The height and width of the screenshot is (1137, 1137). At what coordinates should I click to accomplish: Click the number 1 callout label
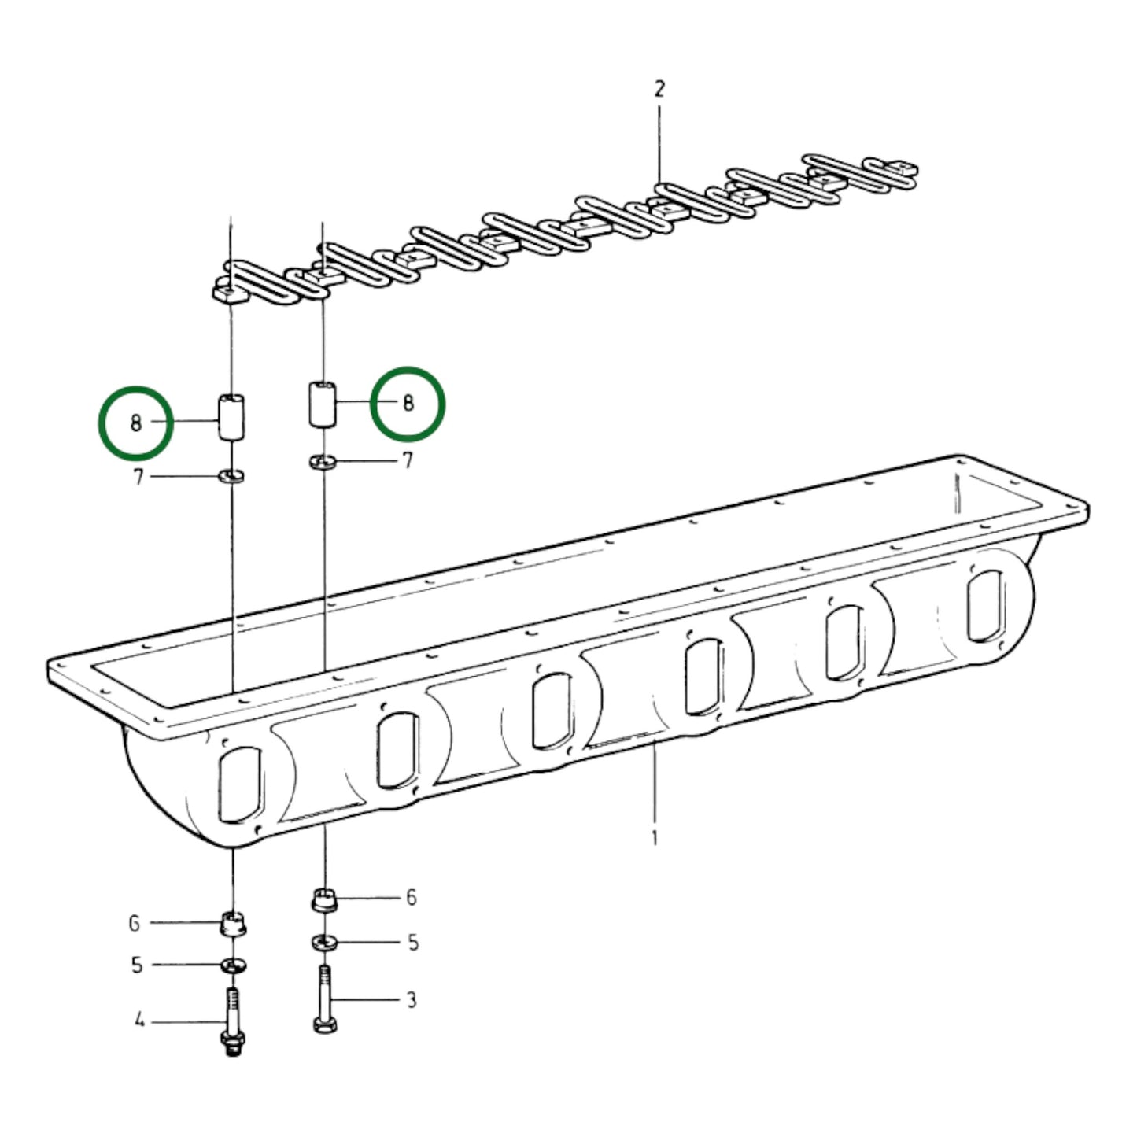point(655,838)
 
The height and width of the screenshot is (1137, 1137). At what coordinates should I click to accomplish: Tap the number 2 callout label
point(659,89)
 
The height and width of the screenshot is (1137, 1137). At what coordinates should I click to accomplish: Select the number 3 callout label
point(412,1000)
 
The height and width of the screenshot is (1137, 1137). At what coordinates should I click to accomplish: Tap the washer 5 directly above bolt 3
point(324,942)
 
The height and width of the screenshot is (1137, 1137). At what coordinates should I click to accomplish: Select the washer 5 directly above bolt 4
point(234,966)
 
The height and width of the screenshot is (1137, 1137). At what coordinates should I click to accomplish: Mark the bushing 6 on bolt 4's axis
point(234,924)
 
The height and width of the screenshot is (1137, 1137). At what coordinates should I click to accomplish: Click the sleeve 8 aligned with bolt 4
point(232,417)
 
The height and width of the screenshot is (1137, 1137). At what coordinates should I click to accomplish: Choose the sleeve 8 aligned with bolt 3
point(323,404)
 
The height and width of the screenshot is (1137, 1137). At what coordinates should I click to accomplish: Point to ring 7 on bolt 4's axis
point(231,475)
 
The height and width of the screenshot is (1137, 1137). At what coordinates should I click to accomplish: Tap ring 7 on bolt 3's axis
point(323,461)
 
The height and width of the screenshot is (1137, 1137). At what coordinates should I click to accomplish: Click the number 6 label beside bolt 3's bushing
point(412,898)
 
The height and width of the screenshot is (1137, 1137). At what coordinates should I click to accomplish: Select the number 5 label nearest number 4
point(137,965)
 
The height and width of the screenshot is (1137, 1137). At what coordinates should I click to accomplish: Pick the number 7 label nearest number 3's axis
point(407,460)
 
